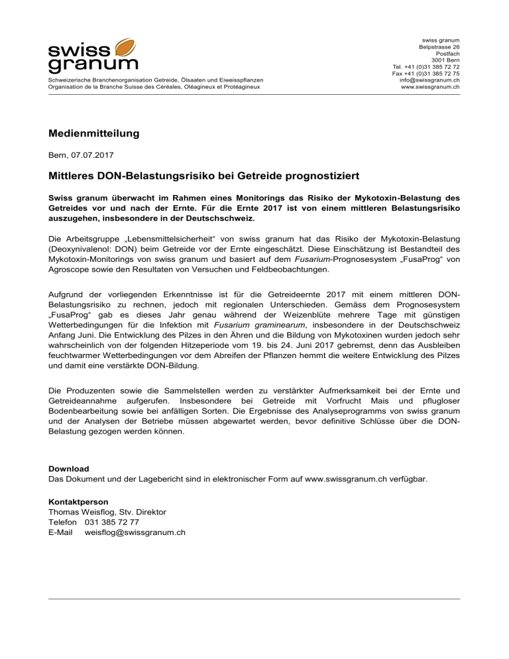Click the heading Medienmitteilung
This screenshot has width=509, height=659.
click(93, 134)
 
